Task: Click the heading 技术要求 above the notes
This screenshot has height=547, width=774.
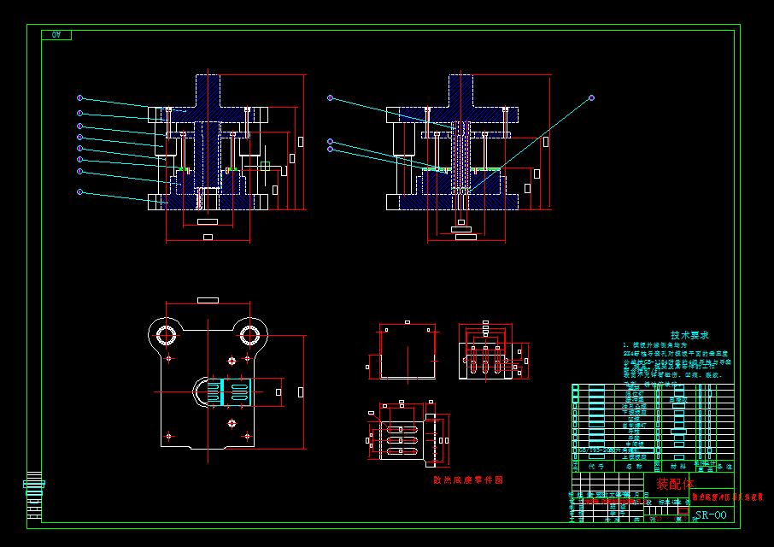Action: [x=689, y=336]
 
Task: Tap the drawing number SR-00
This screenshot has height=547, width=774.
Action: [x=711, y=515]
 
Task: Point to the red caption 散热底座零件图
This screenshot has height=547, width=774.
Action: [x=468, y=480]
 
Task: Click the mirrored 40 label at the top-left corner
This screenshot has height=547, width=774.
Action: [x=57, y=35]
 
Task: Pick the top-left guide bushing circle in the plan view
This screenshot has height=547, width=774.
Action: [x=167, y=332]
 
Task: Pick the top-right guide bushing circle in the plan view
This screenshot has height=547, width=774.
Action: [x=249, y=332]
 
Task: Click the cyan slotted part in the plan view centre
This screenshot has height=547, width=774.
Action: [x=237, y=391]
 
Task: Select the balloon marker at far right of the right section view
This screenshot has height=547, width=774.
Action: [x=591, y=99]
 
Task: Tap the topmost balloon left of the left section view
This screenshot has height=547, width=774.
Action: [x=79, y=97]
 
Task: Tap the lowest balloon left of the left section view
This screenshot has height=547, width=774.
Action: [x=79, y=192]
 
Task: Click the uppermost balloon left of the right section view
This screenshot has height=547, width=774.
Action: [x=331, y=99]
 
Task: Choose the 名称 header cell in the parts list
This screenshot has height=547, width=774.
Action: [x=634, y=467]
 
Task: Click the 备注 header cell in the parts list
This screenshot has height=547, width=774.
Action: [x=724, y=467]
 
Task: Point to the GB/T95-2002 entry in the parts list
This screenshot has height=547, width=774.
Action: [x=599, y=450]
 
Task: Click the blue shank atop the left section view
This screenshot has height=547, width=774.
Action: [x=208, y=90]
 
